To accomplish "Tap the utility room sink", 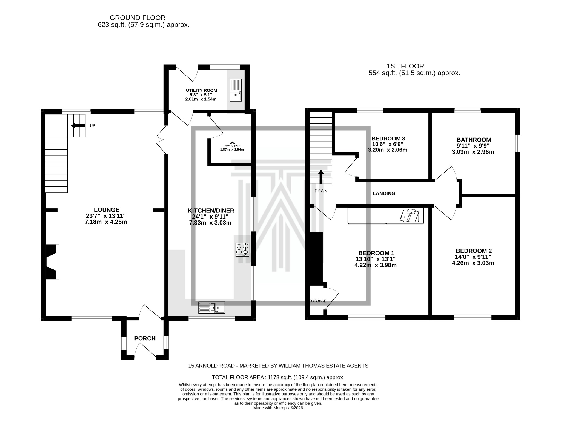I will (x=236, y=90).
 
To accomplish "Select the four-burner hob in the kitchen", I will (x=242, y=249).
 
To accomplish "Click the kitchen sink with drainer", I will (x=212, y=308).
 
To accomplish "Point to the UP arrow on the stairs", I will (x=77, y=126).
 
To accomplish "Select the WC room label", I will (x=232, y=143).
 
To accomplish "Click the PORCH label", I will (x=145, y=338).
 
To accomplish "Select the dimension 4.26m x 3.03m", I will (x=473, y=263).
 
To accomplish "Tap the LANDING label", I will (x=384, y=194).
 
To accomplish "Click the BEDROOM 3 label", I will (x=388, y=139).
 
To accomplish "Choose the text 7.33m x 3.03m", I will (x=210, y=223).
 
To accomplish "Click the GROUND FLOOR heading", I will (x=138, y=18).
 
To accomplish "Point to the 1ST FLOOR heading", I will (x=405, y=66).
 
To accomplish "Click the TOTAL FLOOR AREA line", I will (x=278, y=377).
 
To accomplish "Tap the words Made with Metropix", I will (x=278, y=415).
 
